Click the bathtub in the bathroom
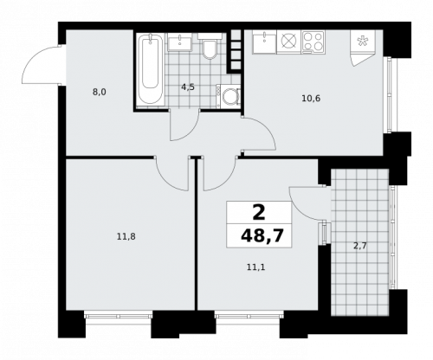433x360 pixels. tap(151, 69)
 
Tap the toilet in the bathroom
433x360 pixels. tap(209, 48)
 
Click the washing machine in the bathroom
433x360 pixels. tap(229, 98)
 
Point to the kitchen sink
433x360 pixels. tap(264, 42)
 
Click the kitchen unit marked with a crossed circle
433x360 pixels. tap(288, 41)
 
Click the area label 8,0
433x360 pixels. tap(100, 89)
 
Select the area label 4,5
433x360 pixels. tap(187, 86)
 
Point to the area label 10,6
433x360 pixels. tap(311, 98)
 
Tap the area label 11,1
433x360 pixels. tap(255, 267)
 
